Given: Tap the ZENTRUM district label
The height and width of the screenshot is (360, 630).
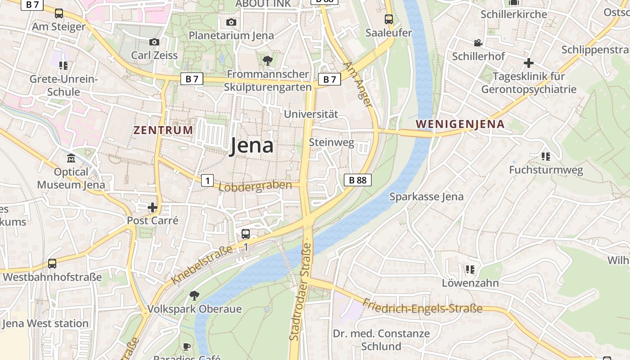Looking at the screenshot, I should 163,130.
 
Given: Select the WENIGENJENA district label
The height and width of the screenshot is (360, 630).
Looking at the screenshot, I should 460,124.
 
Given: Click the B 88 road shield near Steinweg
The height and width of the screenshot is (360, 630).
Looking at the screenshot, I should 358,180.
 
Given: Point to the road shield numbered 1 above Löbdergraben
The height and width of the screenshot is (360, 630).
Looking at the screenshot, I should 207,181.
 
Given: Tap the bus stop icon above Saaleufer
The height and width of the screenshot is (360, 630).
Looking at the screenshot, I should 389,19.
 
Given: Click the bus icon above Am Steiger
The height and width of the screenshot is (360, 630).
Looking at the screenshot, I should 59,13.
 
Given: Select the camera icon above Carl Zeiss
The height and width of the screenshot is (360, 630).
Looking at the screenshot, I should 154,42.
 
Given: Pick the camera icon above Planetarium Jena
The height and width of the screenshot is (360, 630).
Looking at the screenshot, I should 231,22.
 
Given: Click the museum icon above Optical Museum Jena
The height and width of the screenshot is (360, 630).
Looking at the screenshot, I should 71,159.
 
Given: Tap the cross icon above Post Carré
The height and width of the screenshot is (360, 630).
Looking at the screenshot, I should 153,207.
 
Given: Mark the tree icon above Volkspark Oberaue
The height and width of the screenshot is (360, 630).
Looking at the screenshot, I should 194,296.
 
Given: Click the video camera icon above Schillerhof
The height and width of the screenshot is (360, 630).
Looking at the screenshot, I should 478,43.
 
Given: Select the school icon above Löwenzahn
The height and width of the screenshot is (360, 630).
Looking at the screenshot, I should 470,270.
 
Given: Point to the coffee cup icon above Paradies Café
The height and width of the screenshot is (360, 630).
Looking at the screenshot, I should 187,346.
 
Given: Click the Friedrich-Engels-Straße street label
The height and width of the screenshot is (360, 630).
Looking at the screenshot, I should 422,306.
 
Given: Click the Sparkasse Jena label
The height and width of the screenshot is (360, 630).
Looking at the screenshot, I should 426,197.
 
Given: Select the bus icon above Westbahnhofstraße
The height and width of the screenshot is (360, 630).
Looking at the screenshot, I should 52,264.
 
